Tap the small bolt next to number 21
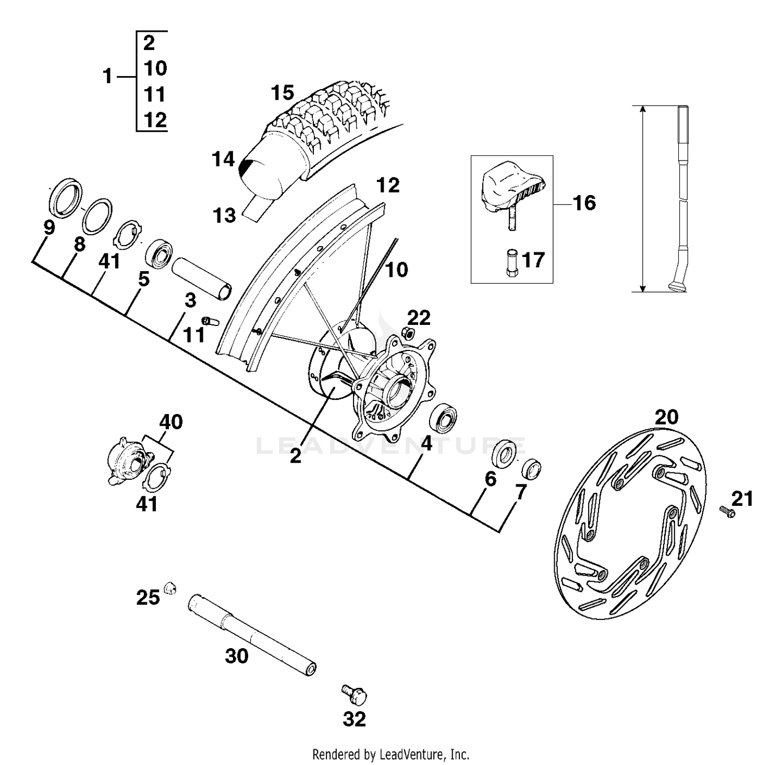point(727,512)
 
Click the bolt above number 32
point(355,694)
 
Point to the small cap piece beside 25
point(169,588)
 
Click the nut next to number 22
point(410,333)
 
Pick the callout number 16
point(584,203)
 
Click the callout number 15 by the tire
point(283,93)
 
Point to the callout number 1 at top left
point(107,77)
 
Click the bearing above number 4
point(443,418)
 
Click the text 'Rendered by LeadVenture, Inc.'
point(390,754)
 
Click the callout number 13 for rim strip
point(225,215)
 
